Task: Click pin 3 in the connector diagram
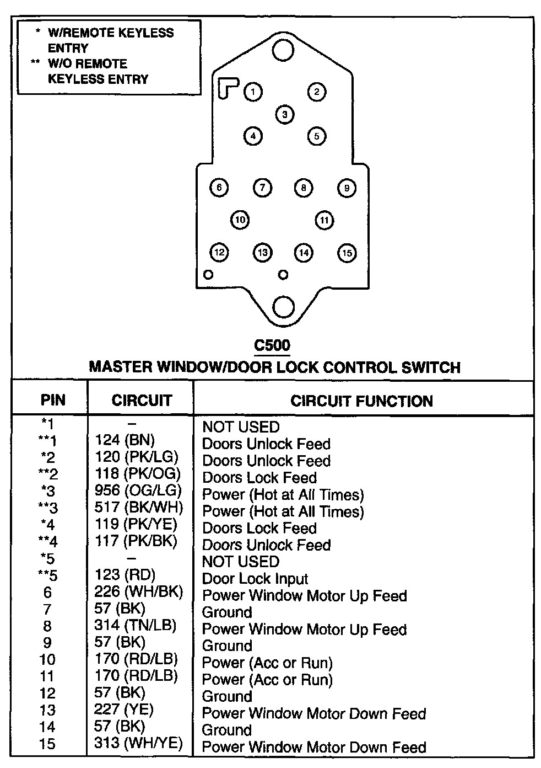[x=285, y=115]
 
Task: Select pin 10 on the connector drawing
[x=240, y=220]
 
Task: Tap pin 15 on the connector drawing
[x=347, y=253]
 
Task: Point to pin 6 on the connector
[x=219, y=188]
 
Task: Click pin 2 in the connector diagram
[x=317, y=92]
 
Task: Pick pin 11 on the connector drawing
[x=324, y=221]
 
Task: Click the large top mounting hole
[x=283, y=50]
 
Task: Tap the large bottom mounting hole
[x=284, y=307]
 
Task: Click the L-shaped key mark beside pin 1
[x=227, y=87]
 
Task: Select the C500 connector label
[x=272, y=345]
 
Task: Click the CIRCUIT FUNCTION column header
[x=361, y=401]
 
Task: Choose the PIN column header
[x=52, y=401]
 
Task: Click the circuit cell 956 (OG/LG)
[x=138, y=490]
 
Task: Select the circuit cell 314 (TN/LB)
[x=136, y=625]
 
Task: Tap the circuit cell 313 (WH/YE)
[x=138, y=743]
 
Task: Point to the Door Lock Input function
[x=255, y=579]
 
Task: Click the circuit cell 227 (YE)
[x=124, y=710]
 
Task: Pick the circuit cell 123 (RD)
[x=125, y=574]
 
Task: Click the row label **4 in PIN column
[x=48, y=541]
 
